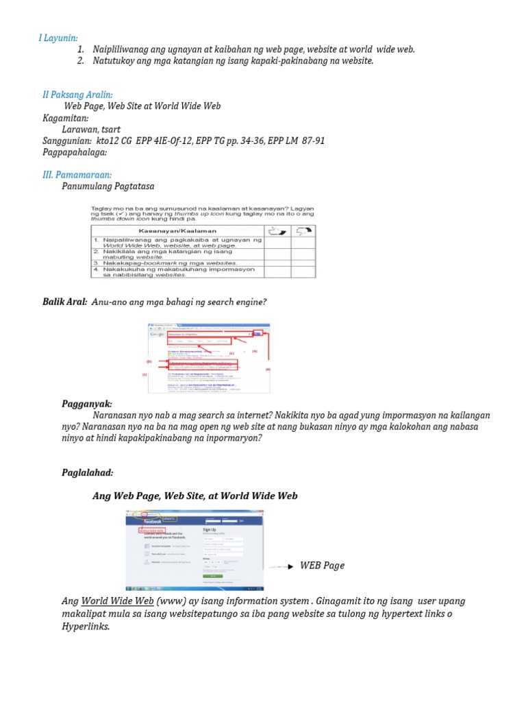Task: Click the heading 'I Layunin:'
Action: [58, 38]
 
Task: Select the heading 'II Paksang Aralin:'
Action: [78, 95]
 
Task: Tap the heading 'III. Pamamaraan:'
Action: [77, 175]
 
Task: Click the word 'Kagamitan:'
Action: [66, 118]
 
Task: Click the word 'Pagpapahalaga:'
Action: [75, 152]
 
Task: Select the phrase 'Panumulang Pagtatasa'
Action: [108, 186]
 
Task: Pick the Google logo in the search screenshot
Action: [157, 335]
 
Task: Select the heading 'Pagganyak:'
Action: [86, 404]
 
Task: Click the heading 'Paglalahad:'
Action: [88, 472]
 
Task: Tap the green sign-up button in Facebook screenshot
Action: [213, 577]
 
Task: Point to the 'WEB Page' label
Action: [322, 566]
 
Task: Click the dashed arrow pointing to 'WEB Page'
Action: [280, 568]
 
